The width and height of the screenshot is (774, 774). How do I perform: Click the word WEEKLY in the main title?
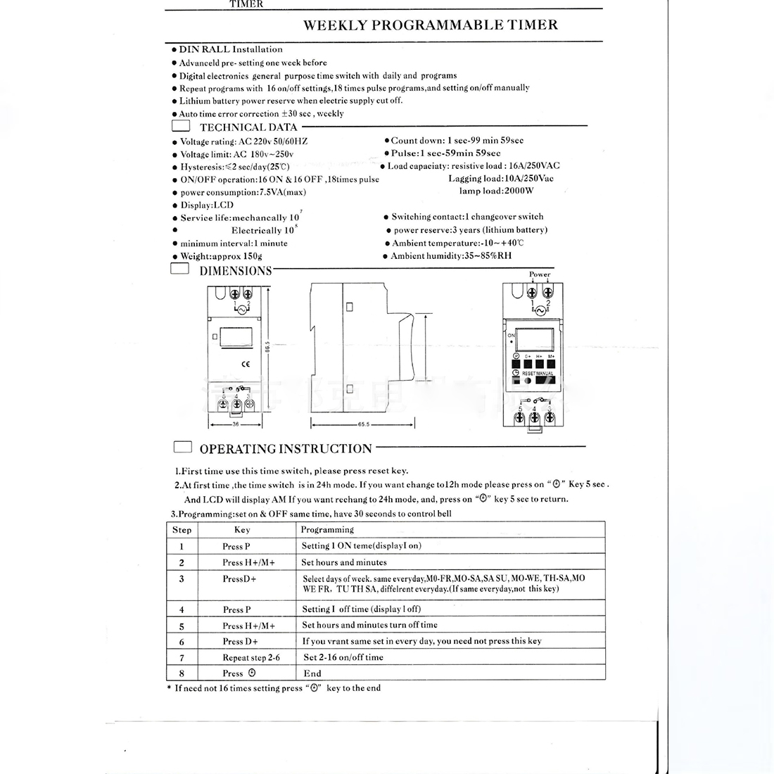coord(334,25)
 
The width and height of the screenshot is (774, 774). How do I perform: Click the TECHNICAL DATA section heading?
coord(248,127)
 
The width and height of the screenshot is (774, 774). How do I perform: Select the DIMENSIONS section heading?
coord(236,271)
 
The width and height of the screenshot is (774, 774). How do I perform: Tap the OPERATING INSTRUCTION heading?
coord(286,449)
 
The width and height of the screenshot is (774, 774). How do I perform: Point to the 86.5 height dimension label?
coord(268,349)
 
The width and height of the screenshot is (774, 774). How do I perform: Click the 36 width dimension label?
coord(236,425)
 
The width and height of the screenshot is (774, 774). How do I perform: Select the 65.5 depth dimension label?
coord(363,425)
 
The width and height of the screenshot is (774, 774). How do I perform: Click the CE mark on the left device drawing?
coord(246,364)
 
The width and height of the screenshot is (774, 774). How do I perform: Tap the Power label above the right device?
coord(540,274)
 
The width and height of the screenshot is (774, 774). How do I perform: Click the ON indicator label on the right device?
coord(511,336)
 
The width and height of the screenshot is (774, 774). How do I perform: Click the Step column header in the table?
coord(182,530)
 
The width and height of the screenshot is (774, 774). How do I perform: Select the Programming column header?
coord(327,530)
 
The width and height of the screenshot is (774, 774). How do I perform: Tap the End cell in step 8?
coord(312,673)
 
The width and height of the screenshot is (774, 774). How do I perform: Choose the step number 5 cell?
coord(182,626)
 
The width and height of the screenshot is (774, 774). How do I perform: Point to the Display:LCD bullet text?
coord(207,205)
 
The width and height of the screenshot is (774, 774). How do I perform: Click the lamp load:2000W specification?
coord(496,191)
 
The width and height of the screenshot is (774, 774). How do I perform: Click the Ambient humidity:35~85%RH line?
coord(451,256)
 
